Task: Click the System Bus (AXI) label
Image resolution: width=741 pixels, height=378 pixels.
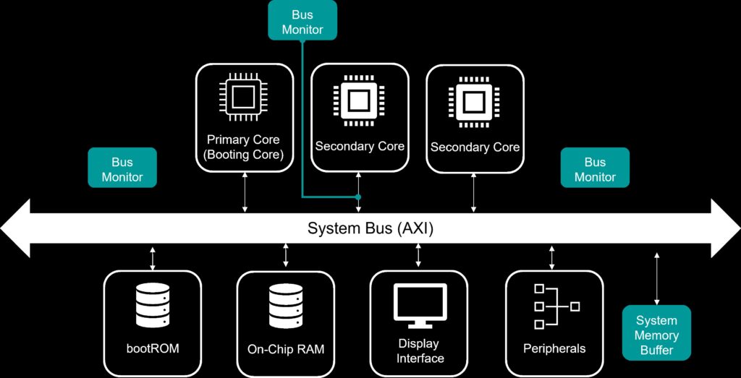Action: click(x=370, y=229)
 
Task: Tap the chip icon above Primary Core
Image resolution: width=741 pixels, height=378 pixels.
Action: click(x=244, y=98)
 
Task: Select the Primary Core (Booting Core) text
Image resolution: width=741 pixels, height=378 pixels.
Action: click(x=243, y=147)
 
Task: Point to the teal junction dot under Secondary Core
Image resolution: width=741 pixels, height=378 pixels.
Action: click(x=358, y=197)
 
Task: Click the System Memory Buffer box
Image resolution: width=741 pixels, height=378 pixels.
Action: click(x=656, y=335)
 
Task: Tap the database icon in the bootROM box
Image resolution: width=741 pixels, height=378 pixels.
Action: click(x=153, y=305)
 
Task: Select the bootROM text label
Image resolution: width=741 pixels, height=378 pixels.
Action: click(x=153, y=349)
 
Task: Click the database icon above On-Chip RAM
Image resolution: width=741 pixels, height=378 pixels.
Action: click(x=285, y=305)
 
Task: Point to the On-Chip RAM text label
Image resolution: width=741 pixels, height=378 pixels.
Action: click(x=285, y=350)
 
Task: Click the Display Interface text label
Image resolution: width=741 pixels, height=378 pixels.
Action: click(x=419, y=351)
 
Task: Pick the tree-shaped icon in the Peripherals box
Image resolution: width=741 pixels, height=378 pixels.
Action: click(x=555, y=306)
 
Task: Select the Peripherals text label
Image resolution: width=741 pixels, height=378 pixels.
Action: click(x=554, y=349)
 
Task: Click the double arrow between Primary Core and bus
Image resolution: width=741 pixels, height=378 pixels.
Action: click(x=245, y=192)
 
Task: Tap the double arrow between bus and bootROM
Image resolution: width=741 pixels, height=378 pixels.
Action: click(x=153, y=257)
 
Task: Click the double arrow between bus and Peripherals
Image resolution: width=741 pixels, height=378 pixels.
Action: click(x=552, y=257)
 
